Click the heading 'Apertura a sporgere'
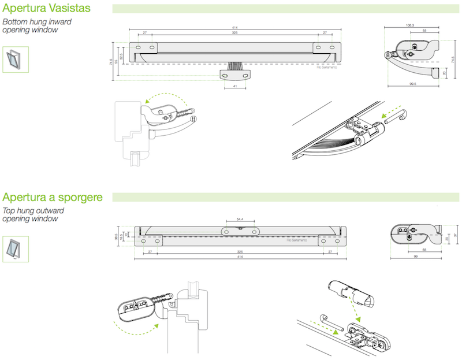(53, 197)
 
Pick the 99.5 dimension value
(411, 84)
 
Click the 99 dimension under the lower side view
(416, 256)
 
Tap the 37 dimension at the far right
(455, 235)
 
